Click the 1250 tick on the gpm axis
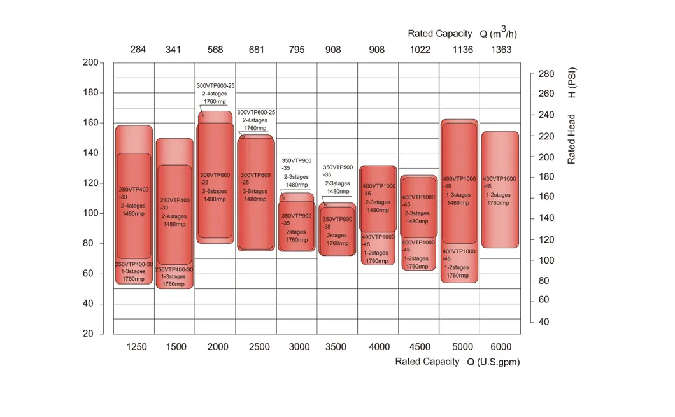(137, 347)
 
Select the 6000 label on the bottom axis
(501, 347)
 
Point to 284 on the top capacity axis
(138, 50)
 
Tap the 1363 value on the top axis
(501, 50)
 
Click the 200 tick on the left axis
(90, 62)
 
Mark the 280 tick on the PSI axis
(546, 74)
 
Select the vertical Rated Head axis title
(572, 139)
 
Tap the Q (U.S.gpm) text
(494, 362)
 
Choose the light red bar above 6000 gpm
(500, 189)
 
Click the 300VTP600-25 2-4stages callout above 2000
(215, 93)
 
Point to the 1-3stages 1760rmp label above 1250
(134, 275)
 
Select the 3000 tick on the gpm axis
(299, 347)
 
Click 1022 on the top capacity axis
(418, 50)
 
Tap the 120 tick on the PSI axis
(546, 239)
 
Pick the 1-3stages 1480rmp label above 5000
(458, 199)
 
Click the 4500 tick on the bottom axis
(418, 347)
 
